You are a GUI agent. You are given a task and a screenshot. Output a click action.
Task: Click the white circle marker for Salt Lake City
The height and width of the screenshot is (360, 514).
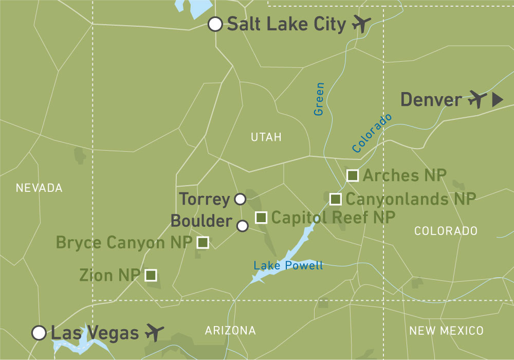pos(215,24)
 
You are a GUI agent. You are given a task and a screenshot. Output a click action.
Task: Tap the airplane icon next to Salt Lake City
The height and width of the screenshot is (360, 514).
pos(362,24)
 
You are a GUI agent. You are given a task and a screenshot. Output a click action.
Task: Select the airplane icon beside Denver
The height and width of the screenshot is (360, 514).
pos(478,99)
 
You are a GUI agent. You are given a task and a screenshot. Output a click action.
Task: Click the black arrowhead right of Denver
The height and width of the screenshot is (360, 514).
pos(497,100)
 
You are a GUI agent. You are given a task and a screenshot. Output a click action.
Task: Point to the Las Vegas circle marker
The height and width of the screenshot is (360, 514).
pos(39,333)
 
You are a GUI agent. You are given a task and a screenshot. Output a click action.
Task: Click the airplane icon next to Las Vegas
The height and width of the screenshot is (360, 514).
pos(155,332)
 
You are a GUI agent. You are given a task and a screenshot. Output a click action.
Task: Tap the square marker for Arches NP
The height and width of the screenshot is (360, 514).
pos(353,175)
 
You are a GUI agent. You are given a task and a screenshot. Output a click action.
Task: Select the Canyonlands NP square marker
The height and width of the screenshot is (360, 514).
pos(336,199)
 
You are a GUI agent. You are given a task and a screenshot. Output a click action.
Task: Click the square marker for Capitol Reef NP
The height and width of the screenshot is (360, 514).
pos(261,218)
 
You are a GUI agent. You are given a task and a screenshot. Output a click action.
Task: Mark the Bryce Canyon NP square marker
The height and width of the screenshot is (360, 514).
pos(203,242)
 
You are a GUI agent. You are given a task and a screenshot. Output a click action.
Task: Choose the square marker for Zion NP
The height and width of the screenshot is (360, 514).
pos(151,275)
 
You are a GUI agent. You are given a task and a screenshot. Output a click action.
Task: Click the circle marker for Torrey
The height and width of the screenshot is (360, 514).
pos(240,199)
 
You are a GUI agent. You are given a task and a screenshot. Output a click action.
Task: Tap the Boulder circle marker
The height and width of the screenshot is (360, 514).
pos(243,225)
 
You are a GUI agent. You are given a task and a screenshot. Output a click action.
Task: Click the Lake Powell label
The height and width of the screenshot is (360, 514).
pos(288,265)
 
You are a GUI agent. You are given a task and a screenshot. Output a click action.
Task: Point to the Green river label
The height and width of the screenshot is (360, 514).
pos(319,98)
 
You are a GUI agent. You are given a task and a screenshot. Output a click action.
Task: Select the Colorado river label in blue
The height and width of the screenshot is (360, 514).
pos(372,133)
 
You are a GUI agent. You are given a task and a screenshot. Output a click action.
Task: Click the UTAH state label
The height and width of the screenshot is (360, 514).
pos(266,137)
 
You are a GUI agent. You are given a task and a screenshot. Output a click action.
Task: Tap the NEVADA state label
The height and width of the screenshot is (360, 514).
pos(39,188)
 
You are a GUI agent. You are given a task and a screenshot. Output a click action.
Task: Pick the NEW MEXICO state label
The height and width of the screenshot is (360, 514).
pos(446,330)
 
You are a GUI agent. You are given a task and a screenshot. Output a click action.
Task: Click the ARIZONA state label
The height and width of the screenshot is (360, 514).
pos(230,330)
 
